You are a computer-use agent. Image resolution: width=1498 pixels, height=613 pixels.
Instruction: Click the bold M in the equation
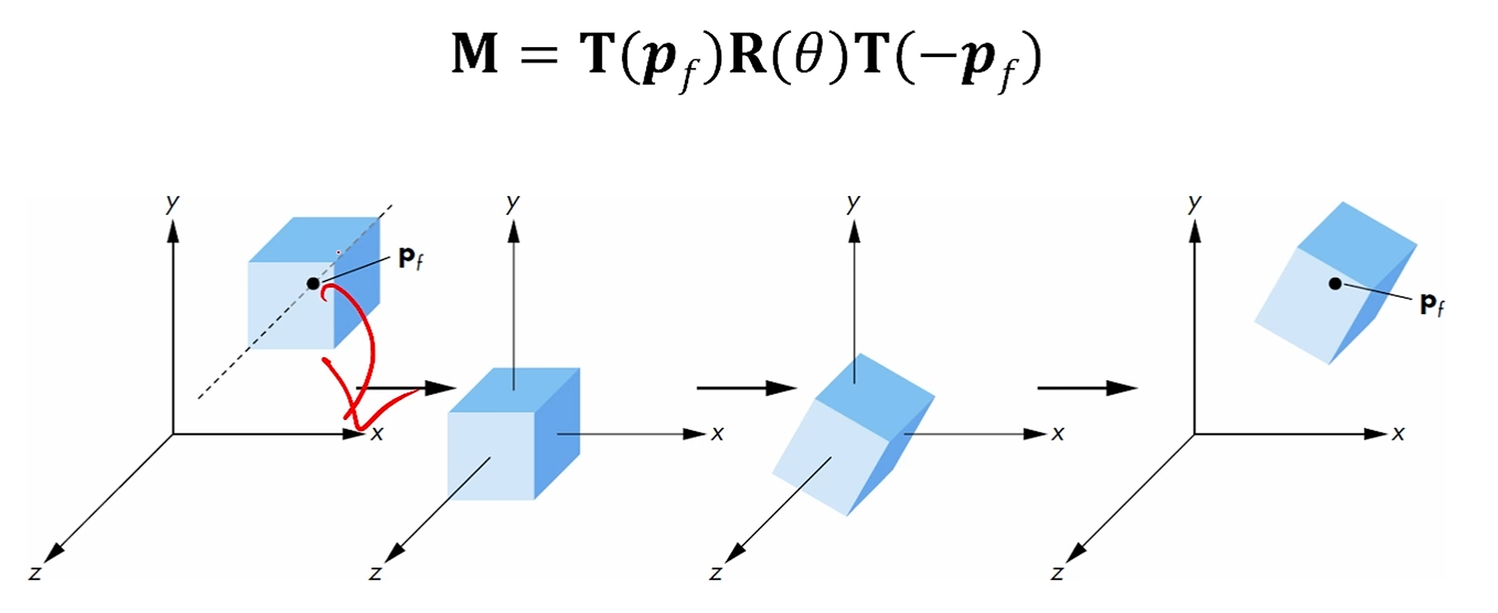475,54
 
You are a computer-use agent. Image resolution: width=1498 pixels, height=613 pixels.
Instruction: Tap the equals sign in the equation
539,55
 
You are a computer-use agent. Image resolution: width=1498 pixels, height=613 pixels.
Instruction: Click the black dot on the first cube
313,284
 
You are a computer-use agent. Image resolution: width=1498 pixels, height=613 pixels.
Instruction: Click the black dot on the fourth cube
1335,284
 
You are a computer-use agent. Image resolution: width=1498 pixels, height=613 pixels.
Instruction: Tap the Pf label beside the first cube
410,259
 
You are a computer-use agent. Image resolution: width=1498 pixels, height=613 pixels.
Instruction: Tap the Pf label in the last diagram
1432,304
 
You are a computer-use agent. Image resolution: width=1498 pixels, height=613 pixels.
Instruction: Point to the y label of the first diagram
172,202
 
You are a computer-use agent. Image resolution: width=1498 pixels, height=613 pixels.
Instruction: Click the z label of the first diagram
35,572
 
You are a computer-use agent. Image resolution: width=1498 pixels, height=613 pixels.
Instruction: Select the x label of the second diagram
717,433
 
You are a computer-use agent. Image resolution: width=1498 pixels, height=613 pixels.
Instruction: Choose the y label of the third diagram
854,202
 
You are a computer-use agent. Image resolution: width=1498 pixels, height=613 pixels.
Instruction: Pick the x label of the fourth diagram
1398,433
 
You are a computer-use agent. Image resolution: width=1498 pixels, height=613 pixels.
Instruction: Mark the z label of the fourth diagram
1056,572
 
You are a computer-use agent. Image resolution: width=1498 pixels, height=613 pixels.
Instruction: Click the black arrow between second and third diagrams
745,387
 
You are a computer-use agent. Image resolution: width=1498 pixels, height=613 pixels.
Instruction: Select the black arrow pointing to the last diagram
1086,387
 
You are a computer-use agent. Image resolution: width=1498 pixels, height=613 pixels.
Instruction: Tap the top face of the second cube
514,390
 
